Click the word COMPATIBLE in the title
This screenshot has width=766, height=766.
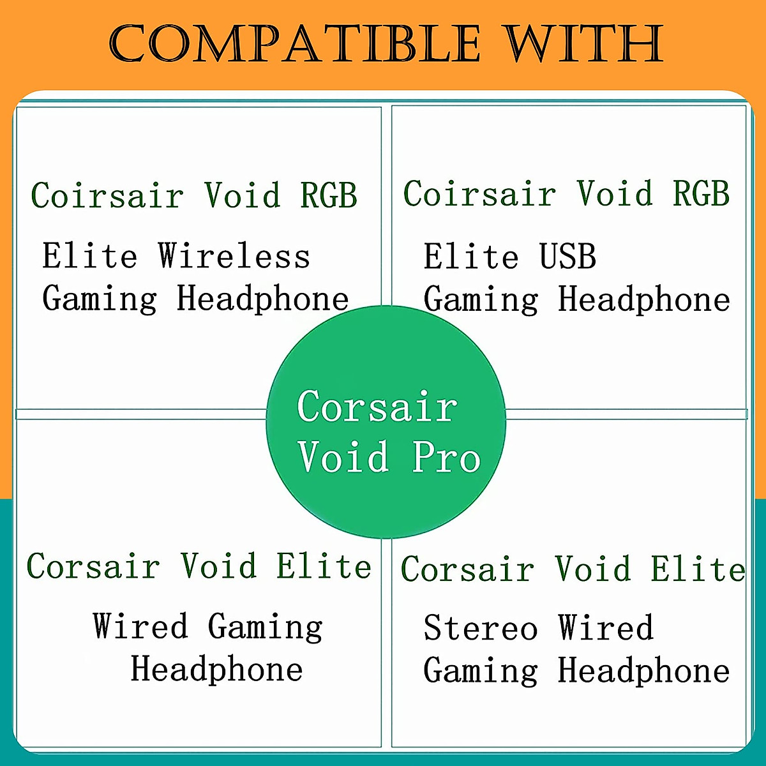click(294, 44)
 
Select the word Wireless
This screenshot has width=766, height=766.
click(234, 257)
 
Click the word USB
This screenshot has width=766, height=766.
click(567, 257)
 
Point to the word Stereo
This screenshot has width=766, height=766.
click(481, 628)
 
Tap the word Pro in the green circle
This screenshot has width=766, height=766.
click(446, 457)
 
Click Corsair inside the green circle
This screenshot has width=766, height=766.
click(377, 407)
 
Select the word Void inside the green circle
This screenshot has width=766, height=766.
click(343, 457)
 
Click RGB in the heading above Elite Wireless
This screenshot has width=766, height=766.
click(329, 195)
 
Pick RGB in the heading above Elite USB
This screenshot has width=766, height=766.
click(701, 193)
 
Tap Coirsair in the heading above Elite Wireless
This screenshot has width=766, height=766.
click(107, 195)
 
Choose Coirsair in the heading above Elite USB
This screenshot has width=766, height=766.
click(479, 193)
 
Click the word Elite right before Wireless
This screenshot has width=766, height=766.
click(90, 257)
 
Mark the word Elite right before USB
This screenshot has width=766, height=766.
click(471, 257)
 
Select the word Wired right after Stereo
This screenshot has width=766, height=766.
click(606, 628)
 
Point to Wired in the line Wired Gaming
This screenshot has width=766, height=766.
click(140, 626)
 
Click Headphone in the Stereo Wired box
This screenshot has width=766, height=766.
click(643, 671)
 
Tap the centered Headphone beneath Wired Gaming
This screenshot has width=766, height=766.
click(216, 670)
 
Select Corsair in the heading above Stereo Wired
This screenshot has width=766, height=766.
click(467, 569)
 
